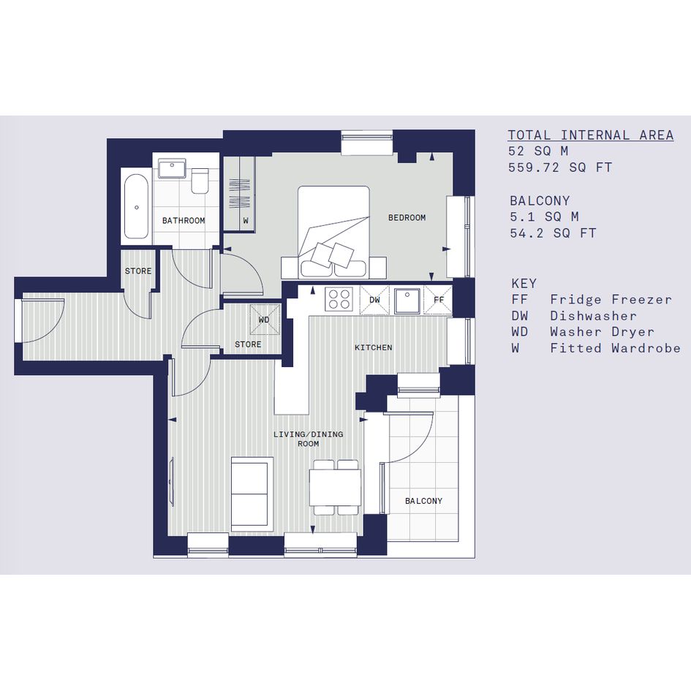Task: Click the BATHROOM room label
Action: [184, 220]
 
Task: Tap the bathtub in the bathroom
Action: [136, 206]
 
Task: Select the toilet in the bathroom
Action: [200, 180]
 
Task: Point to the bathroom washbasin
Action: [172, 168]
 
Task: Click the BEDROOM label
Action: [407, 218]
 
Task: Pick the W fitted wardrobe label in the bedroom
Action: [246, 220]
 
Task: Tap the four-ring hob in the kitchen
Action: [339, 298]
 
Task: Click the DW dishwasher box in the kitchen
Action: [374, 300]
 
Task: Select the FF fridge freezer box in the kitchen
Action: [438, 300]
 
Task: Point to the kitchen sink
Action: [407, 300]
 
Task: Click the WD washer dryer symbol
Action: [265, 320]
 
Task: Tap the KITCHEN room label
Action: [373, 348]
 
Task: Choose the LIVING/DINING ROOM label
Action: [308, 439]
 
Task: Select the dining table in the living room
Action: [336, 488]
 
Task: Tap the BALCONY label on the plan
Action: [423, 501]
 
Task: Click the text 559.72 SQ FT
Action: [560, 168]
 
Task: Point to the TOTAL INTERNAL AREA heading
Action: [591, 135]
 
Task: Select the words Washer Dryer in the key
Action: [602, 332]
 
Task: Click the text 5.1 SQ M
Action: [544, 217]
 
